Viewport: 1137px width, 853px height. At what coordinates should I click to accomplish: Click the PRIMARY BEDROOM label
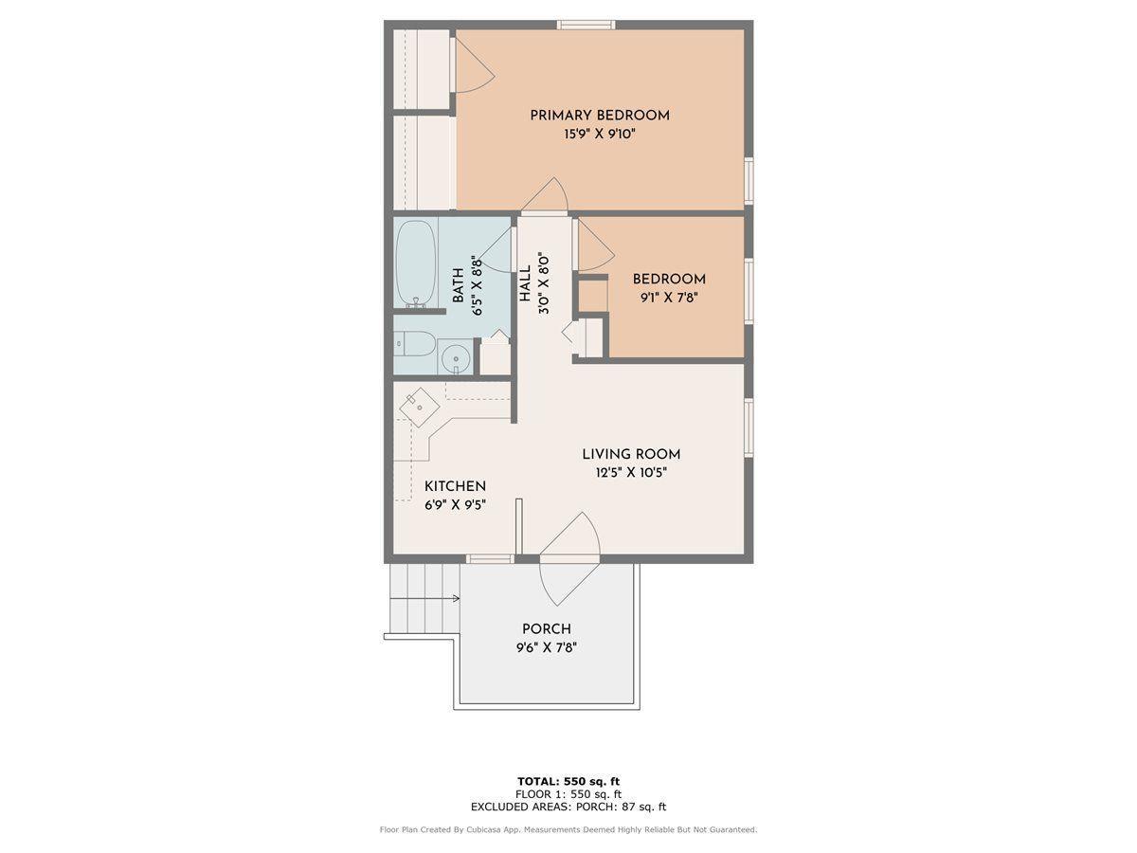click(599, 116)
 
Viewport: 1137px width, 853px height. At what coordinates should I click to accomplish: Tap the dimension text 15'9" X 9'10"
click(599, 135)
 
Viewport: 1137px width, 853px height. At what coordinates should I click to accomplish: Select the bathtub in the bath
click(415, 263)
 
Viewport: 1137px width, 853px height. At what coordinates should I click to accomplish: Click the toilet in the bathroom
click(415, 343)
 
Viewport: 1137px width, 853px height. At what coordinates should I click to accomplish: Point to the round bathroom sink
click(457, 358)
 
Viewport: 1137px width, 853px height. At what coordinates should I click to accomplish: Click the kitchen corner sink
click(419, 408)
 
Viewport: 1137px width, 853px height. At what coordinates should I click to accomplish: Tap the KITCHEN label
click(455, 486)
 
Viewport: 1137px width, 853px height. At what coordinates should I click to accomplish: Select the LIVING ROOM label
click(631, 454)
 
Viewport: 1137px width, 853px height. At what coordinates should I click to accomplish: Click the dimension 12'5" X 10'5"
click(631, 472)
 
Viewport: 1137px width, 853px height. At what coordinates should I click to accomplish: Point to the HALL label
click(525, 283)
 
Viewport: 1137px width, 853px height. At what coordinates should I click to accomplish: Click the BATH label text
click(459, 284)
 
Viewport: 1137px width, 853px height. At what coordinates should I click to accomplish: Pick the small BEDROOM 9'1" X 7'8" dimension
click(669, 298)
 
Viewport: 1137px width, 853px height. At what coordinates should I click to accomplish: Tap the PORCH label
click(547, 629)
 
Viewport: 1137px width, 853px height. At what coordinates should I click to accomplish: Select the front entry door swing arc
click(570, 559)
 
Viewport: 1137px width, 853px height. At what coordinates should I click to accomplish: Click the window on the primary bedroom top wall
click(586, 25)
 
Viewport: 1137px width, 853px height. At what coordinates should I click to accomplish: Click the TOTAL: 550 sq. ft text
click(568, 781)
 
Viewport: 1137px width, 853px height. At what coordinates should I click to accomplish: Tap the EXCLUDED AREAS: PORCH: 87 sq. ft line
click(568, 808)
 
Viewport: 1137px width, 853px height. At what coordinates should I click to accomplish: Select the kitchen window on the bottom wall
click(491, 559)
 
